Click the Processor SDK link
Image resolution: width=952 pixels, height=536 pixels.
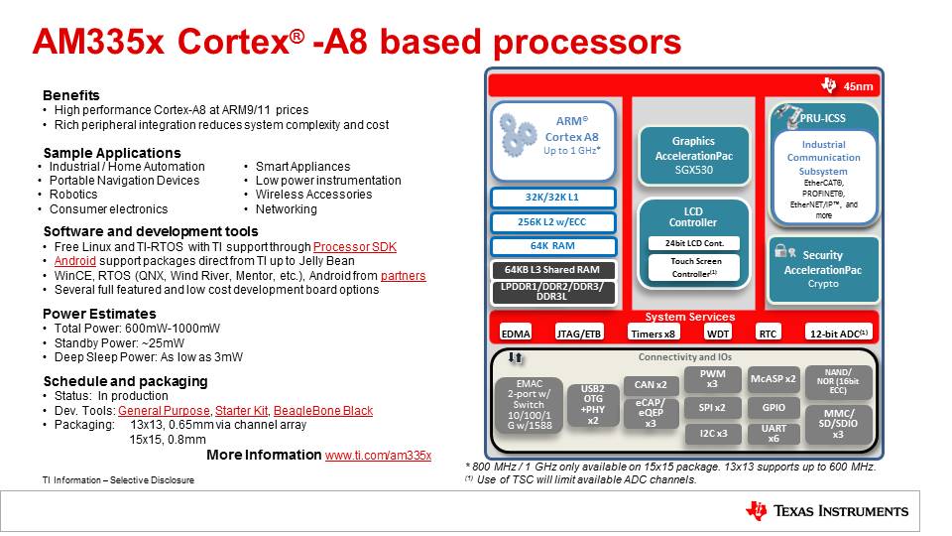tap(355, 247)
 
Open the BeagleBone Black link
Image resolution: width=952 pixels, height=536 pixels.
tap(323, 411)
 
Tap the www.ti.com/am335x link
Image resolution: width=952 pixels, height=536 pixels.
tap(378, 456)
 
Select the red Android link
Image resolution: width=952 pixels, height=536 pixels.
tap(75, 261)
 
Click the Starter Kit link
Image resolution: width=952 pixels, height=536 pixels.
tap(241, 411)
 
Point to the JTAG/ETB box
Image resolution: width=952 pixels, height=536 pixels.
tap(578, 334)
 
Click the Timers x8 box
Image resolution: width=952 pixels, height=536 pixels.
tap(653, 334)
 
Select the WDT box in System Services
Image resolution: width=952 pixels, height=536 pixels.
tap(718, 334)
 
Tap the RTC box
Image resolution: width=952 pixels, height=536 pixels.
tap(768, 334)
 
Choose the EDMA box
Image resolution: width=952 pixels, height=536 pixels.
tap(516, 334)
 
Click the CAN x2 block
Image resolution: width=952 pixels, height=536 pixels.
tap(651, 385)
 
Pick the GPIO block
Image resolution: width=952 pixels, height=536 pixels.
tap(773, 408)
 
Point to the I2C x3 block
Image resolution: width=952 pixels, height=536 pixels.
tap(713, 434)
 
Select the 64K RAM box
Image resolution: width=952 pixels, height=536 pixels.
tap(552, 246)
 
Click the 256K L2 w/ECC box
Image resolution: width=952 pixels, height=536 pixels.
tap(552, 221)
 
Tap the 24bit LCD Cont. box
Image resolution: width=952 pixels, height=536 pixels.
tap(694, 243)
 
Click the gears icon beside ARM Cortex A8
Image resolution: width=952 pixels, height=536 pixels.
tap(518, 135)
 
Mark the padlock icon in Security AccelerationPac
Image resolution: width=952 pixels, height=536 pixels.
tap(780, 250)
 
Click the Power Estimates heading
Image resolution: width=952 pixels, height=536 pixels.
tap(99, 314)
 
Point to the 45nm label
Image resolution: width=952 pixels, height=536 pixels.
tap(858, 86)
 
